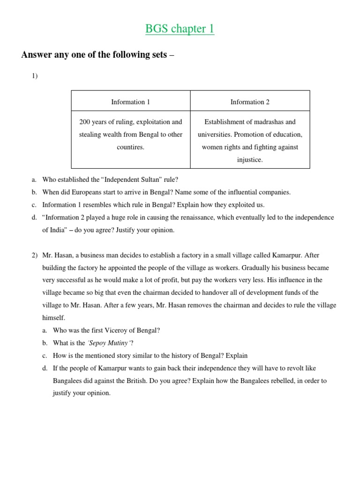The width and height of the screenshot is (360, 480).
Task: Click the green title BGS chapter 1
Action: [180, 29]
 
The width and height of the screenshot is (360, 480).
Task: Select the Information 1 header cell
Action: [130, 102]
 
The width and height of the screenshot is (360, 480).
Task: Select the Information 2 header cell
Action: [250, 102]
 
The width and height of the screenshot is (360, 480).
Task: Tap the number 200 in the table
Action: [85, 122]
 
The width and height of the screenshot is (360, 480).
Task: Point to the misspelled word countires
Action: [130, 147]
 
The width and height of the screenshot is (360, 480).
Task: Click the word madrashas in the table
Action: [266, 122]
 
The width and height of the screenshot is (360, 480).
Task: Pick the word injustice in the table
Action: [250, 160]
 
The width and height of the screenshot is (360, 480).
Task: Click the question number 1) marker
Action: [35, 76]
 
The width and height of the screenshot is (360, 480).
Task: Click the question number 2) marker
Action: [35, 255]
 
